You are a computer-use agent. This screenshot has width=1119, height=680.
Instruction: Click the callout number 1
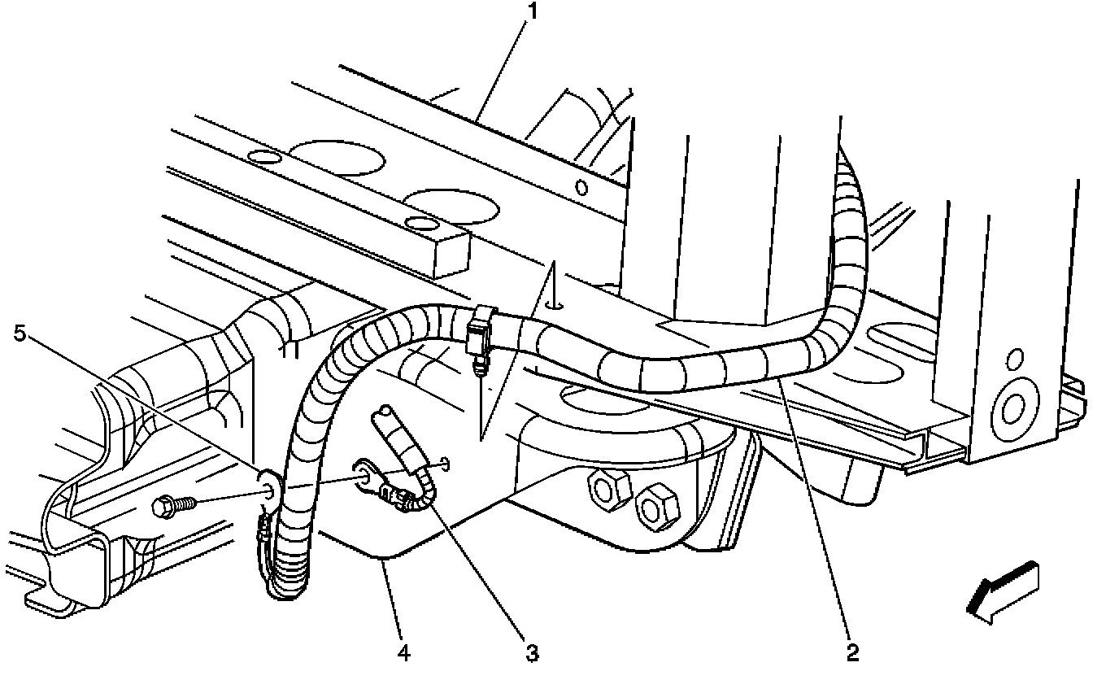[x=533, y=11]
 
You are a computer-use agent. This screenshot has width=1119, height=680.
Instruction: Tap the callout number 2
[x=852, y=652]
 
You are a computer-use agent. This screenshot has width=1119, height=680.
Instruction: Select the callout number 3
[x=533, y=652]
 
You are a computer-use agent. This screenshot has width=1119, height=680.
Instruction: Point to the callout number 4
[x=403, y=652]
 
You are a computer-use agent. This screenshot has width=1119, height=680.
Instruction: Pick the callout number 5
[x=20, y=333]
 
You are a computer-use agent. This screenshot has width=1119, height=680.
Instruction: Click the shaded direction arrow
[x=1003, y=594]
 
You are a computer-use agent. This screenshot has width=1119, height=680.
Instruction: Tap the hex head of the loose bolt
[x=163, y=507]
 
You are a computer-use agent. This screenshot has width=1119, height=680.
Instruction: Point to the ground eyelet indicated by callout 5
[x=270, y=486]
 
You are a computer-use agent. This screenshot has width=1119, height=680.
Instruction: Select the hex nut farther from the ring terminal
[x=657, y=507]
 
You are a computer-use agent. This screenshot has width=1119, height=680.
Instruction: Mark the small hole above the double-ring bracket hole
[x=1015, y=358]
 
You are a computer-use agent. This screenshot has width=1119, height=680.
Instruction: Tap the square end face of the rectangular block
[x=451, y=256]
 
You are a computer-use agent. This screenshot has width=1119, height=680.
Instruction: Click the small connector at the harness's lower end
[x=263, y=534]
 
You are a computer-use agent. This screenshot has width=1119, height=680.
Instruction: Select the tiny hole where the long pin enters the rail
[x=554, y=305]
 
